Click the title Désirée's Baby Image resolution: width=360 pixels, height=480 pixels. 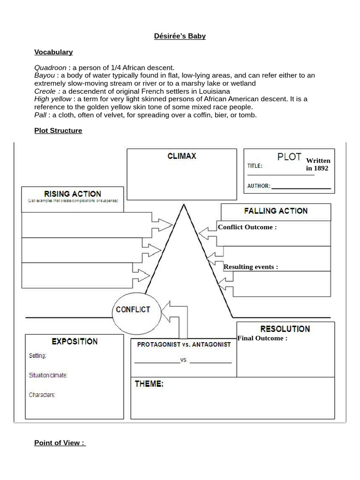[x=180, y=36]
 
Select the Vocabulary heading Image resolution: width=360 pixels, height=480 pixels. [x=53, y=52]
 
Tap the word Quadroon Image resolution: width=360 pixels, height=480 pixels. [x=50, y=68]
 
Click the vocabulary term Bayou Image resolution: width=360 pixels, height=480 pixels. [x=45, y=75]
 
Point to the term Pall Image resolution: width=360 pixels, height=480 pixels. [x=40, y=115]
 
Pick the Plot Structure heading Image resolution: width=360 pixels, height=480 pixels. [x=58, y=131]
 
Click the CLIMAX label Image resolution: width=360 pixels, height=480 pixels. [x=181, y=156]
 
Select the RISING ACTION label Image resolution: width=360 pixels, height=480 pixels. [x=72, y=194]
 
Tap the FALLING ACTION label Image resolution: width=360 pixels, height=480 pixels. [x=276, y=211]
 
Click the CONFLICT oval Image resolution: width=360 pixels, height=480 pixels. [x=133, y=310]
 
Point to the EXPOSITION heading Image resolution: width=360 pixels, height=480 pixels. [x=75, y=342]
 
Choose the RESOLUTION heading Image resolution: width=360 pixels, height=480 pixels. [x=285, y=329]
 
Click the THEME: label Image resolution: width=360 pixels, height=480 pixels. [x=149, y=384]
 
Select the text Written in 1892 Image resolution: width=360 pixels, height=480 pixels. [x=318, y=165]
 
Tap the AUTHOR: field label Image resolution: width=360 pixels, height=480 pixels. [x=259, y=186]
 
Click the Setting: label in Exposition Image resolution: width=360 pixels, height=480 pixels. [x=37, y=356]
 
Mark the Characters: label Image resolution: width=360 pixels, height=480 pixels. [x=42, y=395]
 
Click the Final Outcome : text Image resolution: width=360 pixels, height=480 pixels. [x=262, y=338]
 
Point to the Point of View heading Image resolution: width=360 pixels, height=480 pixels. [x=60, y=443]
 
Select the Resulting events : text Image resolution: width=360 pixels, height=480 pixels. [x=250, y=267]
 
